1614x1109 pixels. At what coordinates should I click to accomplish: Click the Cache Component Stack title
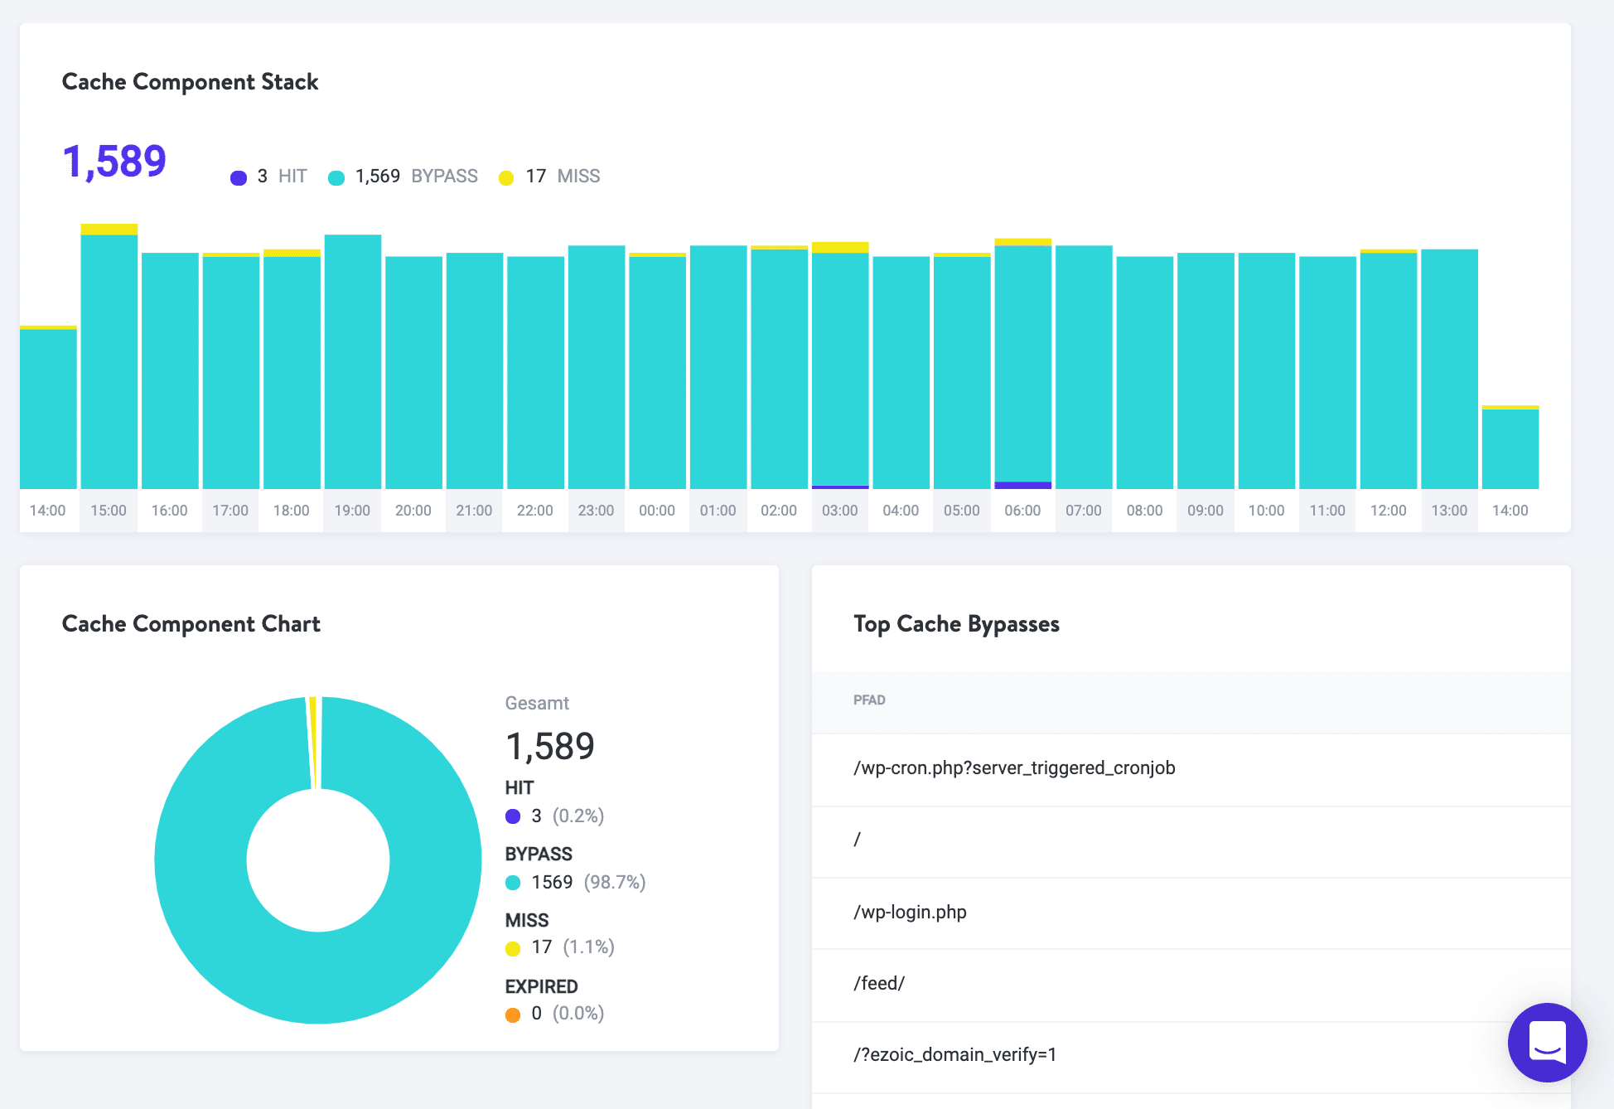coord(190,82)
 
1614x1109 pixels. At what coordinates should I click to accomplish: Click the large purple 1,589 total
coord(114,161)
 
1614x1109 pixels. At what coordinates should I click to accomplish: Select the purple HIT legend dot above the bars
coord(239,177)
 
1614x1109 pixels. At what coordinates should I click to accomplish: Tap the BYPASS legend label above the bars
coord(444,177)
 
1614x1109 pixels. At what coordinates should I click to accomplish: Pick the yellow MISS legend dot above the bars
coord(506,177)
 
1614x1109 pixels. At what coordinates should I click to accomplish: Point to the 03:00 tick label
coord(839,511)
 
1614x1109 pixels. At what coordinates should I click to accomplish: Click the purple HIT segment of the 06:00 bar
coord(1022,485)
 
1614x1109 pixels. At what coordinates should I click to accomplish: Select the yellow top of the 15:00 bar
coord(109,230)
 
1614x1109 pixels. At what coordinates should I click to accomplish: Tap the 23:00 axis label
coord(596,511)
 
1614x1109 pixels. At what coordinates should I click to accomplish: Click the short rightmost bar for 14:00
coord(1510,448)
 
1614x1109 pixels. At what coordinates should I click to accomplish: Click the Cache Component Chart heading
coord(191,624)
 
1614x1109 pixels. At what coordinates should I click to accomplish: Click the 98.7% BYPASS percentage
coord(614,882)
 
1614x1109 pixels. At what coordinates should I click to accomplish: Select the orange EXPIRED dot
coord(513,1015)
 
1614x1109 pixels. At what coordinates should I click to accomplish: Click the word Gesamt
coord(537,704)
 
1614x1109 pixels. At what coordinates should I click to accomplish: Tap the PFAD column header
coord(869,700)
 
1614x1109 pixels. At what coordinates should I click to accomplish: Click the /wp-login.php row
coord(910,913)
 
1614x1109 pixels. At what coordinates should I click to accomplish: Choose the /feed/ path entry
coord(879,984)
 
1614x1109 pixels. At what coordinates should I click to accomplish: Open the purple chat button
coord(1547,1042)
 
